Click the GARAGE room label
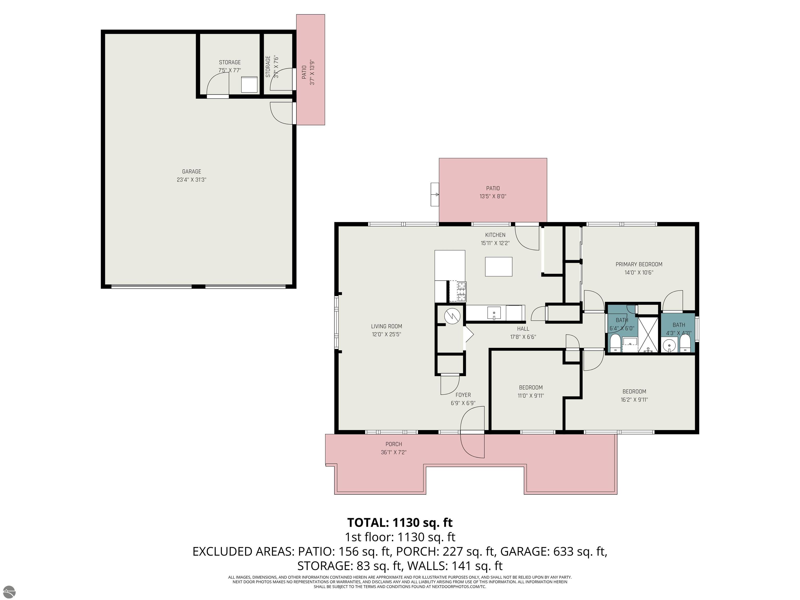click(191, 171)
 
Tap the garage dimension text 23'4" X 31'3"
click(191, 180)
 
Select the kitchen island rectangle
click(498, 267)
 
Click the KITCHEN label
click(495, 235)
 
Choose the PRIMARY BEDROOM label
click(639, 264)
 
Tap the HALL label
click(523, 329)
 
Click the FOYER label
click(463, 395)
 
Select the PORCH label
click(393, 444)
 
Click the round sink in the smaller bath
click(670, 345)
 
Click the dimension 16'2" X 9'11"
click(634, 400)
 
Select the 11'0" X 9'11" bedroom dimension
click(530, 396)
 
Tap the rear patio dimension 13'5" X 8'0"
click(493, 196)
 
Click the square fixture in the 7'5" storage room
click(249, 84)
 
